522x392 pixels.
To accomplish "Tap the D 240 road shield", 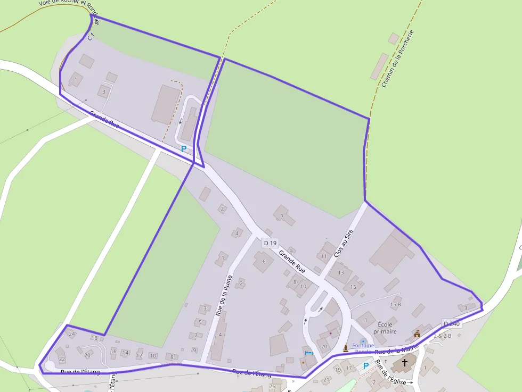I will coord(451,324).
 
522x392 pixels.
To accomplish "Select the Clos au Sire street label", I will coord(343,244).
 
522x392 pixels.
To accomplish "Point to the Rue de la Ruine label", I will coord(224,296).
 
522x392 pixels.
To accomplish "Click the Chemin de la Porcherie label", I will coord(397,59).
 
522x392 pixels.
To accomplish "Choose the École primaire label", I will coord(387,328).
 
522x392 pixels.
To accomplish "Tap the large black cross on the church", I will coord(405,363).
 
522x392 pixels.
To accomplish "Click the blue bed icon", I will coord(308,353).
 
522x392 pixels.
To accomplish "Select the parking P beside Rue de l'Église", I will coord(366,366).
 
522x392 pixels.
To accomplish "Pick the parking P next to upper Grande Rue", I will coord(184,149).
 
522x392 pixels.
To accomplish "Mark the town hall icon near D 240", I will coord(417,333).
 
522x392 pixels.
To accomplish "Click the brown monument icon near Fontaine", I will coord(346,348).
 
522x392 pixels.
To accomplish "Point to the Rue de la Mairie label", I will coord(397,348).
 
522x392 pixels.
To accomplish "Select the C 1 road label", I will coord(91,37).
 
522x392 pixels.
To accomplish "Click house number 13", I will coord(341,273).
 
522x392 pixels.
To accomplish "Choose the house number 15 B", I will coord(395,305).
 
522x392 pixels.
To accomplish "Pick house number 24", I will coord(72,333).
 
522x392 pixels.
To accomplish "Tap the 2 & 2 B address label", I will coord(442,336).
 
